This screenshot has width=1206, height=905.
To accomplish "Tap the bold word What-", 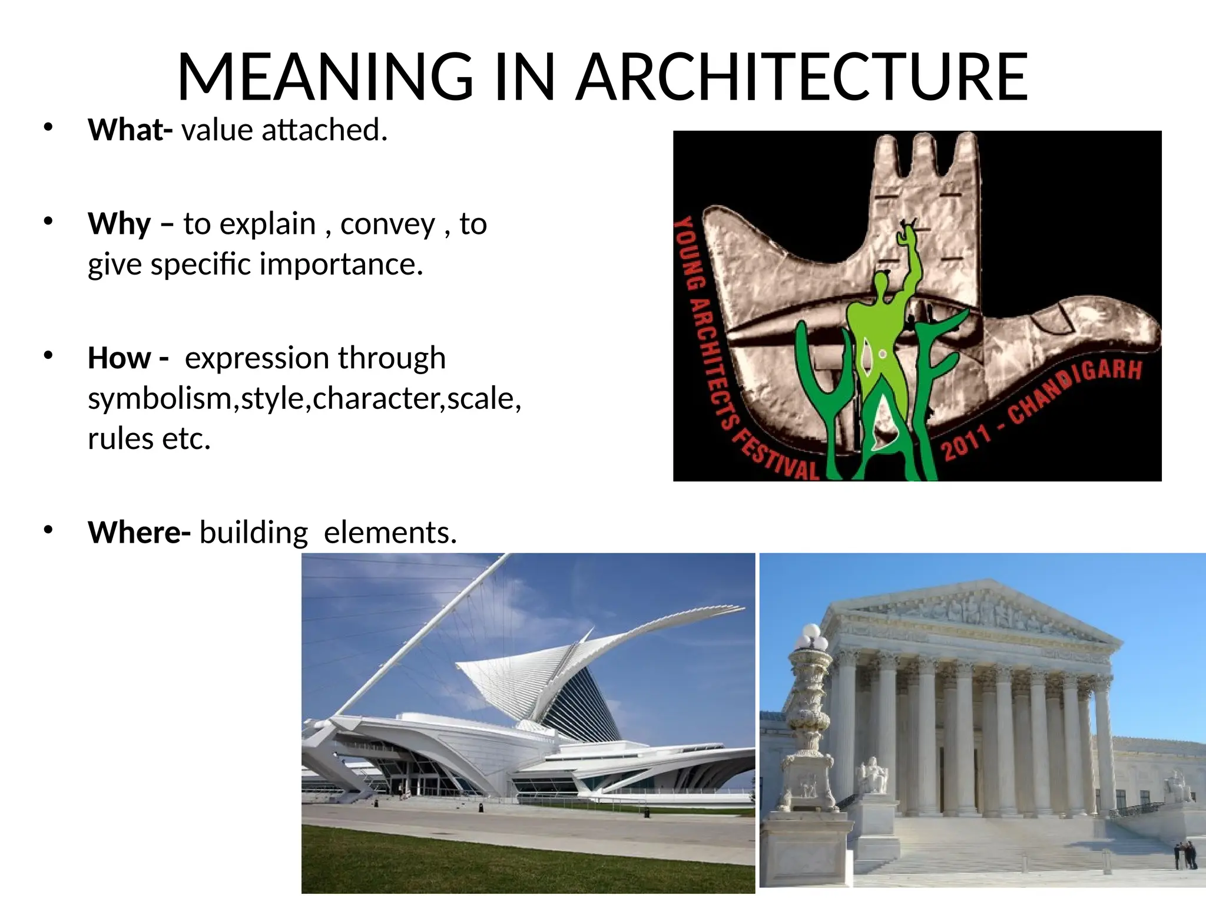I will pyautogui.click(x=130, y=130).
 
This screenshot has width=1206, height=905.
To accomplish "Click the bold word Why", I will pyautogui.click(x=120, y=224).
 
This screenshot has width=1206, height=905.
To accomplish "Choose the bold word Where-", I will pyautogui.click(x=139, y=533).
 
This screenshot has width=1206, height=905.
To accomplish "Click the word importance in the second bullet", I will pyautogui.click(x=341, y=264).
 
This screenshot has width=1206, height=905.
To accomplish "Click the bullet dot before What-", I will pyautogui.click(x=48, y=127).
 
